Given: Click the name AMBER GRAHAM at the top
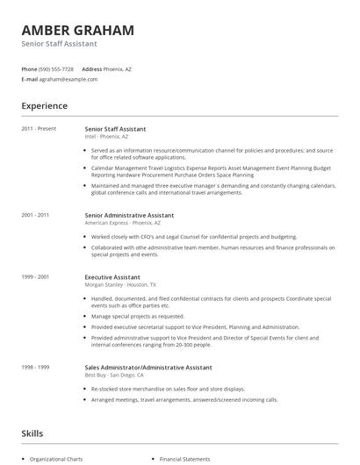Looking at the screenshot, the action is click(x=78, y=30).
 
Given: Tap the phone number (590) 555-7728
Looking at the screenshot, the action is click(x=57, y=68).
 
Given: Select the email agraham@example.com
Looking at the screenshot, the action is click(x=69, y=79).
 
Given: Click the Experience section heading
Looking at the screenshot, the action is click(x=45, y=106).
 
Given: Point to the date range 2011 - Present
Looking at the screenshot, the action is click(x=39, y=129).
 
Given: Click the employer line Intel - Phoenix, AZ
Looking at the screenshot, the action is click(x=106, y=137).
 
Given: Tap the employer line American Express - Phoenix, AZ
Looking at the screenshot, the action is click(x=123, y=223).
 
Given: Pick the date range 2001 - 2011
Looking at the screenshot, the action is click(x=35, y=214).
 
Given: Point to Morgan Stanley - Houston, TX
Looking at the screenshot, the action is click(x=120, y=284).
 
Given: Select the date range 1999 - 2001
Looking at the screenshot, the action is click(x=35, y=276).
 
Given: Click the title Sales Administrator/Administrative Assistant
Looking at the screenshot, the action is click(x=148, y=368).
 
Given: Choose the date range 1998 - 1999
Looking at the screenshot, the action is click(x=35, y=368).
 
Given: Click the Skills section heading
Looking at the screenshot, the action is click(x=32, y=433).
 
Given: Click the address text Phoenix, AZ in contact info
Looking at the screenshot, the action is click(x=118, y=68).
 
